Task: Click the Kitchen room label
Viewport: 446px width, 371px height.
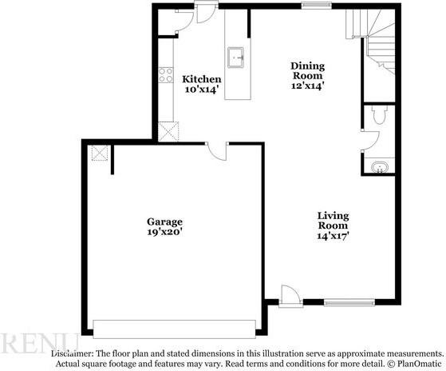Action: (x=202, y=79)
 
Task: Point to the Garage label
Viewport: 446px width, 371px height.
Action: (x=164, y=221)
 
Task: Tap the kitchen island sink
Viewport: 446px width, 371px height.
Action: (x=235, y=56)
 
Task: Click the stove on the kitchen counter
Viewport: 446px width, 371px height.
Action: (x=167, y=75)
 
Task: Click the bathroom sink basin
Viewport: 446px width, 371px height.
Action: (x=380, y=167)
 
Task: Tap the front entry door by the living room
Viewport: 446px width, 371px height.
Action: (x=290, y=295)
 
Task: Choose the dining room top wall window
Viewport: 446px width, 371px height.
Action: (x=315, y=6)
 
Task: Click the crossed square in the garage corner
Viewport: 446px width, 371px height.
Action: (x=101, y=153)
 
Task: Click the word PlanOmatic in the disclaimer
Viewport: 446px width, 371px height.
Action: (x=416, y=363)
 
